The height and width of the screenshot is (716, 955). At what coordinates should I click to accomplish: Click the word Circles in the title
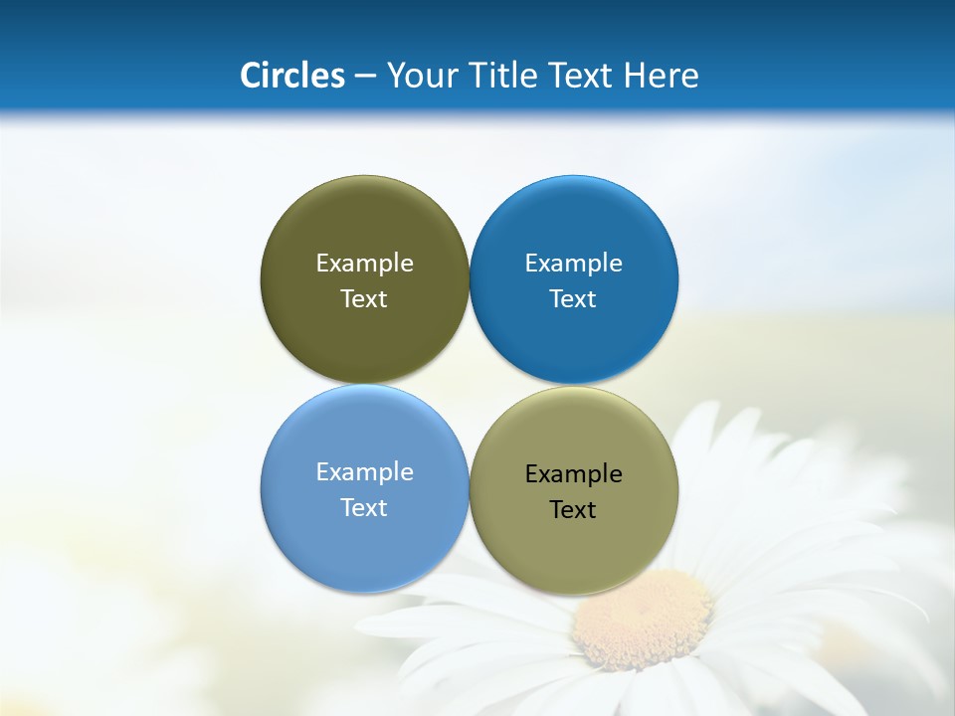click(x=291, y=76)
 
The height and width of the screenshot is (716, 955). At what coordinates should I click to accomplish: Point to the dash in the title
click(x=364, y=77)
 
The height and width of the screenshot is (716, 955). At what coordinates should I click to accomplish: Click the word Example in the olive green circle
click(x=364, y=263)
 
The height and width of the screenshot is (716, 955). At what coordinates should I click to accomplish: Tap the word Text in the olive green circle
click(x=364, y=298)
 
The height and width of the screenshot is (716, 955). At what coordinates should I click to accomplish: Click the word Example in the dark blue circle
click(x=574, y=263)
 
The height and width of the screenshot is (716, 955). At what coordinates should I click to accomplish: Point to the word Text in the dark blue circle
click(x=574, y=298)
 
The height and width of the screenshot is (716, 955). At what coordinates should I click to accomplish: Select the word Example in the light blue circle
click(x=364, y=471)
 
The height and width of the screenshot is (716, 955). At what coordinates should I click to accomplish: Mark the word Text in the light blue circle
click(x=364, y=507)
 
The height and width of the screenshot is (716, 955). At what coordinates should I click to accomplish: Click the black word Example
click(x=574, y=473)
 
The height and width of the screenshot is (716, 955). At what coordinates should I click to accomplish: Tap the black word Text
click(x=574, y=509)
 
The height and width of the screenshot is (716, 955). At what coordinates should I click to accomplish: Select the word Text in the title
click(x=582, y=76)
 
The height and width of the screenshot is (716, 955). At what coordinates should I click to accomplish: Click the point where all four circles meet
click(x=469, y=384)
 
